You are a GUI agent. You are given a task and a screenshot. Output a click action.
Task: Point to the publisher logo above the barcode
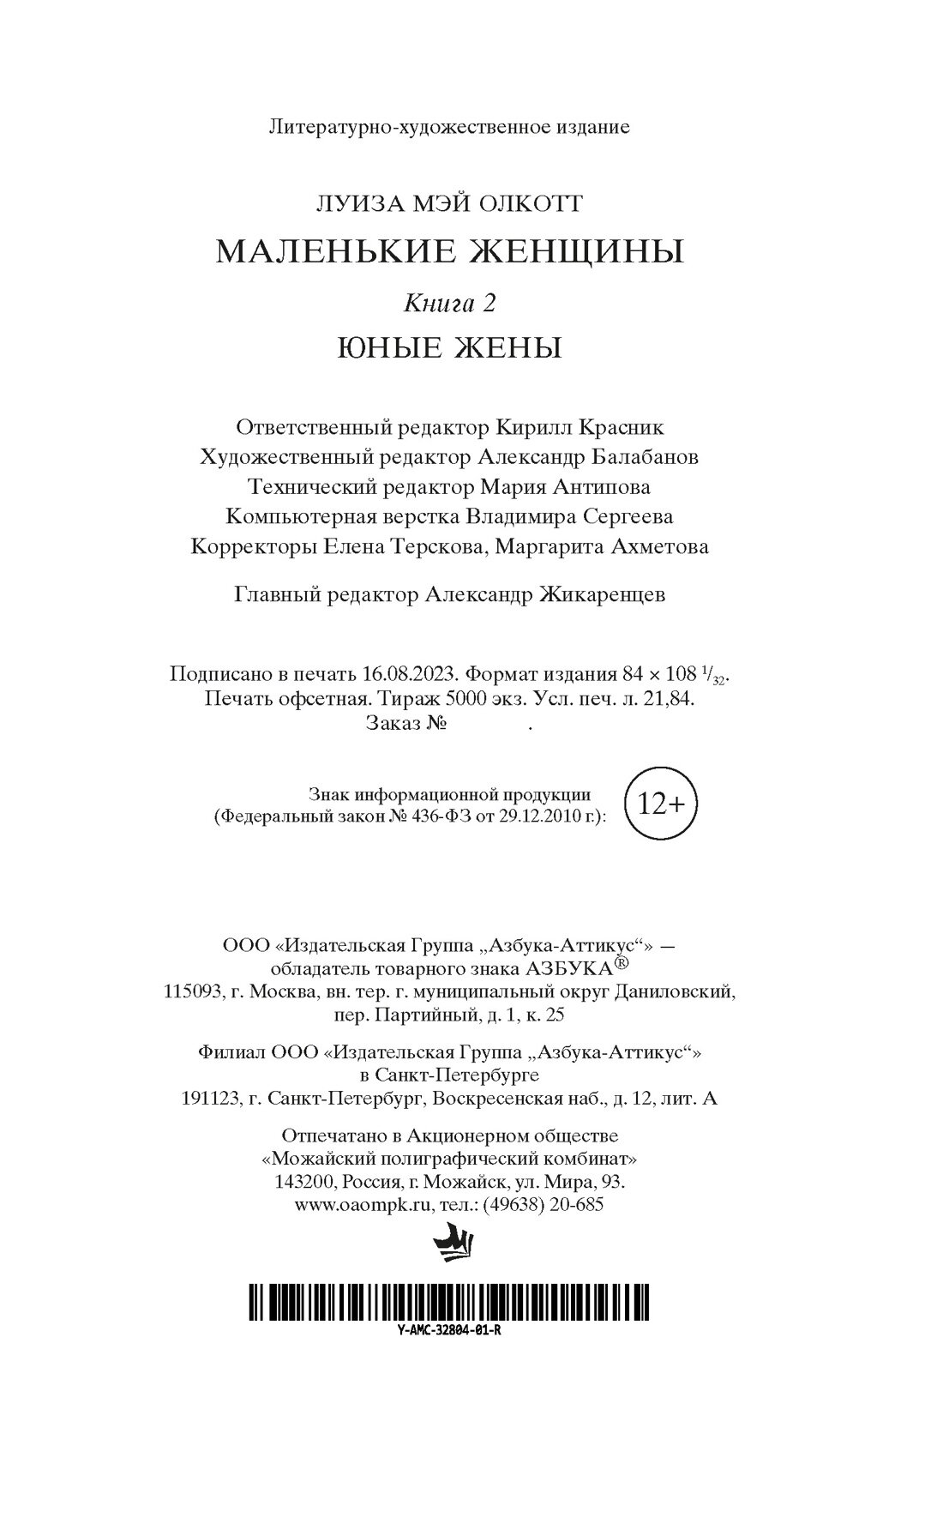click(450, 1244)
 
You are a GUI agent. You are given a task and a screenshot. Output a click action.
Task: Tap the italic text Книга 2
click(450, 303)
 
